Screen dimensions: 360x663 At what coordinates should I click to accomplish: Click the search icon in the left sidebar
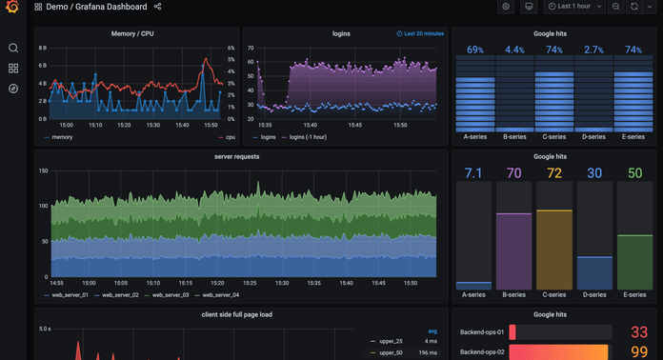(13, 48)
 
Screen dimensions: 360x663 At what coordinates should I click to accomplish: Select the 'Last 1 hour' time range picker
(574, 7)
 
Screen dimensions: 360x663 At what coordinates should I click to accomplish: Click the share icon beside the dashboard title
(158, 7)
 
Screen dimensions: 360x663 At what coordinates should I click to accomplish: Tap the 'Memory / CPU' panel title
(133, 33)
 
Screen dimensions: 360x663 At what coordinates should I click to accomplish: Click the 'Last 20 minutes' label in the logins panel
(420, 33)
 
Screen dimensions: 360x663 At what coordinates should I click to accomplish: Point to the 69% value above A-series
(474, 50)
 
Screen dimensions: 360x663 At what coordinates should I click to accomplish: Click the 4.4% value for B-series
(514, 50)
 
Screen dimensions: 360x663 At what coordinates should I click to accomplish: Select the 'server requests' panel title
(236, 156)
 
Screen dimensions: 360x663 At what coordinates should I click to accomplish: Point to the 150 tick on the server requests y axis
(43, 170)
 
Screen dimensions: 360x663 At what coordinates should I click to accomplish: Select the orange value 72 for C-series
(554, 173)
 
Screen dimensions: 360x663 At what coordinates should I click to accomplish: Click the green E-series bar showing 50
(634, 262)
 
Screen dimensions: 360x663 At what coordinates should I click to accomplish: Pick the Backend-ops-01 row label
(482, 332)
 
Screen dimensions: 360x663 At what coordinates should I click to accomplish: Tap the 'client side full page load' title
(236, 313)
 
